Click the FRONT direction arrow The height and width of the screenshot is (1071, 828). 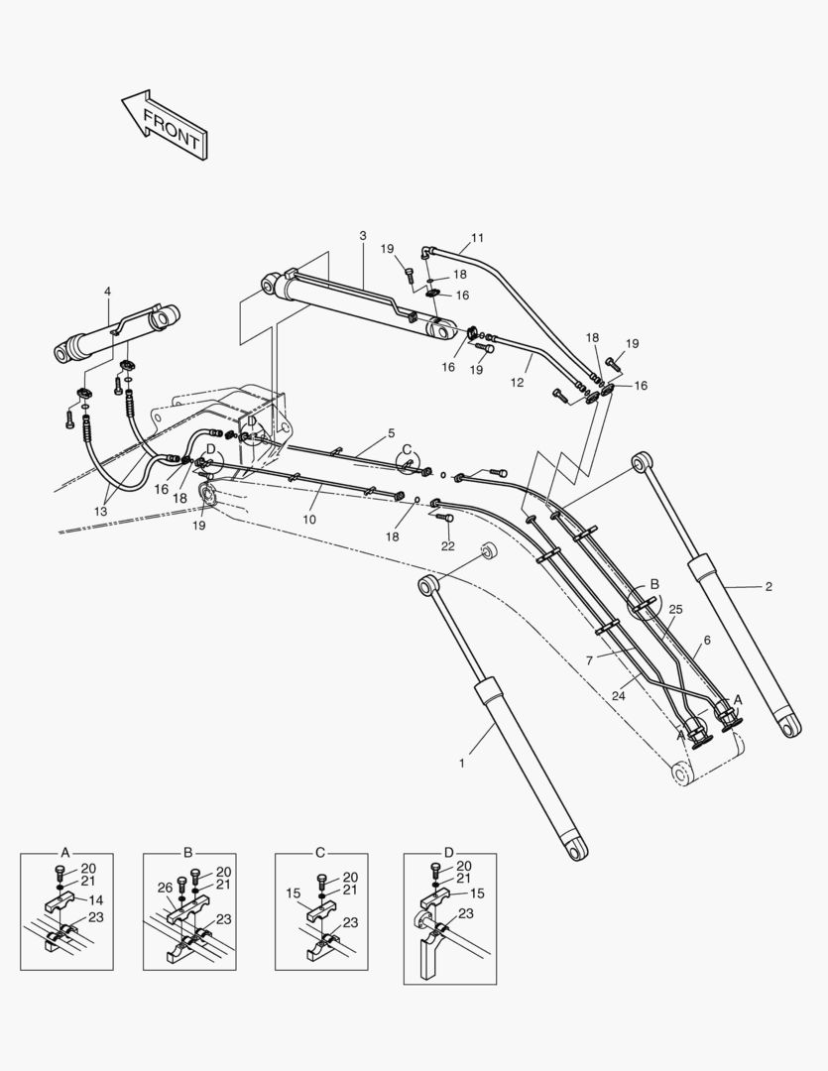(x=165, y=123)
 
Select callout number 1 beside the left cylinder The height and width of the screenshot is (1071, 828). (x=461, y=763)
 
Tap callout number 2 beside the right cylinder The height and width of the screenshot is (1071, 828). (x=769, y=586)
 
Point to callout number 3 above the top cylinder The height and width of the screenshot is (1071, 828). (x=363, y=235)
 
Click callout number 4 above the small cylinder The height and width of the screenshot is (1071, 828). (x=107, y=291)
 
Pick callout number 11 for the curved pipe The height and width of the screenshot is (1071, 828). (x=477, y=238)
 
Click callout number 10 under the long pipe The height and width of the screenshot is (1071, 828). (x=309, y=519)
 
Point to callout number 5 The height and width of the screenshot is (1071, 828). (x=391, y=433)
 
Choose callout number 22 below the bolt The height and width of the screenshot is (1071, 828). (x=447, y=546)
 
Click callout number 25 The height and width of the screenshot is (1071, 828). (x=675, y=609)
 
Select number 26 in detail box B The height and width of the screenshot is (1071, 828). (x=165, y=888)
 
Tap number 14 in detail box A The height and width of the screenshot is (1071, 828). (x=96, y=900)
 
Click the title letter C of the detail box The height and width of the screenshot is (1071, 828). (x=320, y=853)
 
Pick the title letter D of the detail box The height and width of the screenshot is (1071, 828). (x=449, y=853)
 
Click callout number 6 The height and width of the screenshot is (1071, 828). (x=707, y=641)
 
